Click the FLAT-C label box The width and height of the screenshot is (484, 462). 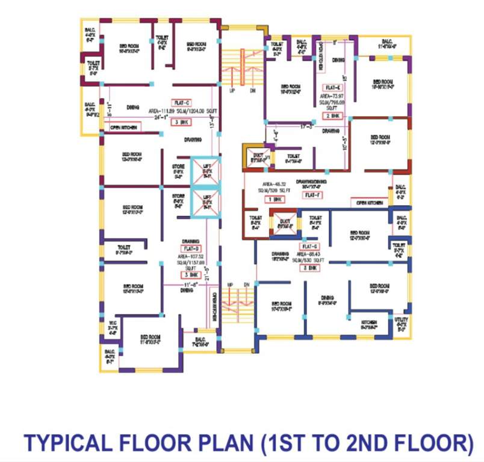pos(181,103)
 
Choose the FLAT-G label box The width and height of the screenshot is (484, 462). pos(310,247)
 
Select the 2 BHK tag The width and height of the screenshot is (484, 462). pos(333,115)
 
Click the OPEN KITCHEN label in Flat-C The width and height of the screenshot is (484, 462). pos(125,128)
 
